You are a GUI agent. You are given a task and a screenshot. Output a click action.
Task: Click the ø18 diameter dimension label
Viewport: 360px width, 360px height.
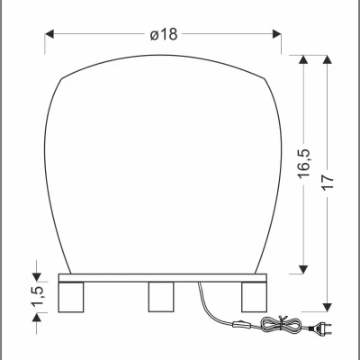click(x=163, y=33)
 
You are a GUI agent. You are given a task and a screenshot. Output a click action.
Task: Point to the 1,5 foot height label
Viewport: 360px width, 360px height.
click(x=37, y=295)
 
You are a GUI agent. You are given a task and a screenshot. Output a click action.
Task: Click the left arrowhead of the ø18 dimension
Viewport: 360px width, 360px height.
click(x=50, y=34)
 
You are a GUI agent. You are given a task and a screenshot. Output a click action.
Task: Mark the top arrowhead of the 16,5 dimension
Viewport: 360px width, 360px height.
click(x=304, y=60)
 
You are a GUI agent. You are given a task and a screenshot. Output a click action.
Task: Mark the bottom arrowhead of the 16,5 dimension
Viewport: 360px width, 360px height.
click(x=304, y=268)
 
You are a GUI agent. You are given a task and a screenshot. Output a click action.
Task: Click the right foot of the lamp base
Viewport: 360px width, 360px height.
click(x=255, y=295)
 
